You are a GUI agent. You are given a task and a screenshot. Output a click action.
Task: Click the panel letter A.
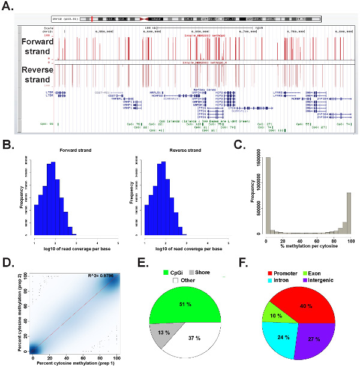click(8, 9)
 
